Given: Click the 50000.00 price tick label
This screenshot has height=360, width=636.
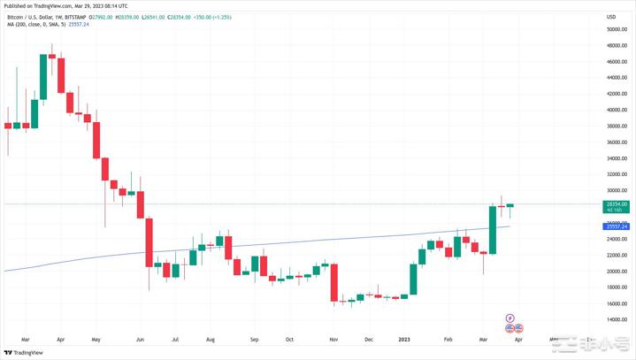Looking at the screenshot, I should coord(617,29).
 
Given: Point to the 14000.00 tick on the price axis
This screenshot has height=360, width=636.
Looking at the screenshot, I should coord(617,319).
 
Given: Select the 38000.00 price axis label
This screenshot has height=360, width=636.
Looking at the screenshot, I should coord(617,126).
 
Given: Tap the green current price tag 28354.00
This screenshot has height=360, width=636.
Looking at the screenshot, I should coord(617,204).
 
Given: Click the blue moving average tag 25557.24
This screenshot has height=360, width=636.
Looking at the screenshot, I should coord(617,226).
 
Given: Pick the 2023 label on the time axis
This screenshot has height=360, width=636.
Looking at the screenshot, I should coord(404,339).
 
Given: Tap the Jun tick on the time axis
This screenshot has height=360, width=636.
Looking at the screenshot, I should coord(140,339).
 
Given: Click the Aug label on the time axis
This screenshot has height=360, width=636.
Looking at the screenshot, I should coord(210,339).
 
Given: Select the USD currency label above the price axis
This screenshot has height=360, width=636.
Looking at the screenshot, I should coord(610,17).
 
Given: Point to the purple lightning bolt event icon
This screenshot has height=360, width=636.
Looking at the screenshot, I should coord(510,318).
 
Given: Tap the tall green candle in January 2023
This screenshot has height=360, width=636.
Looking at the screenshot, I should coord(413,280).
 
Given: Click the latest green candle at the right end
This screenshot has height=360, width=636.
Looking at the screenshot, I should coord(510,206).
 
